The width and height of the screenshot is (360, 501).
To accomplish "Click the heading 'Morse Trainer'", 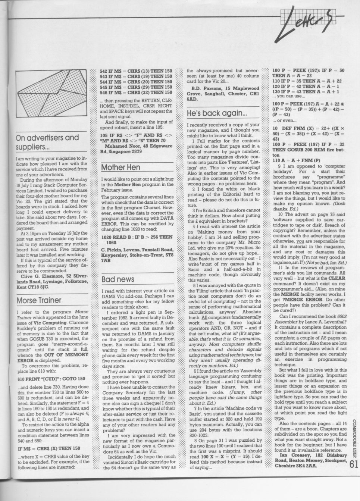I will [39, 300].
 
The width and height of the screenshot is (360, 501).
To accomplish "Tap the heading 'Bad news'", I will [118, 279].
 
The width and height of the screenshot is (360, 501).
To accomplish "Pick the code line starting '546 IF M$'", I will [137, 93].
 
